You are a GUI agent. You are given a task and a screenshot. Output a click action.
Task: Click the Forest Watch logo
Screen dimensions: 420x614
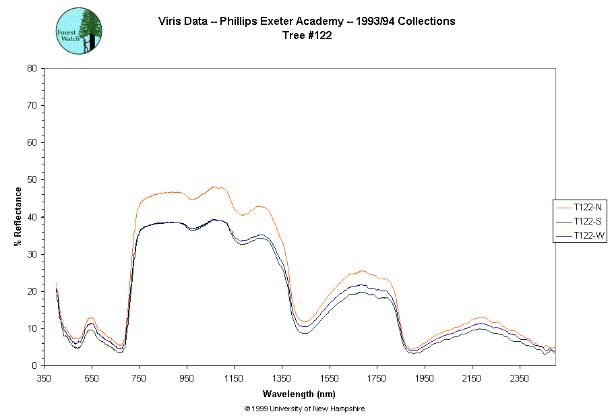79,31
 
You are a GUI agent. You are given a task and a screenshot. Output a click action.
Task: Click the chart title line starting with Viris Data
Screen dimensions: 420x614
307,22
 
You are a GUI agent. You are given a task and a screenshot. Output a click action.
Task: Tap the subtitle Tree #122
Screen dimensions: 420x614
307,36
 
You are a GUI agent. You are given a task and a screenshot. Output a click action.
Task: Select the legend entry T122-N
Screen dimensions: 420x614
583,207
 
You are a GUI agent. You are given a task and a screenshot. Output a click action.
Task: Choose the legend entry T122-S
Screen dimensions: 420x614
583,221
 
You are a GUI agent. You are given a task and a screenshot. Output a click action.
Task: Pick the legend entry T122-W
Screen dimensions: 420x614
583,235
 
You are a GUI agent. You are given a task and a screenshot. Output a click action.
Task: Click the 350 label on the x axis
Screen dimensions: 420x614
44,378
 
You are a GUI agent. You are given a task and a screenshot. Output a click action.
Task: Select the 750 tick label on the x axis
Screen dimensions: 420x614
140,378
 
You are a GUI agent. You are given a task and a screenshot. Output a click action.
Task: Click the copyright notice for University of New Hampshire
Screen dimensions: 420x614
305,409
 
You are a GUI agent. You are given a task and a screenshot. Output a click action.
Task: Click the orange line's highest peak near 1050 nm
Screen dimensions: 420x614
213,186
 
